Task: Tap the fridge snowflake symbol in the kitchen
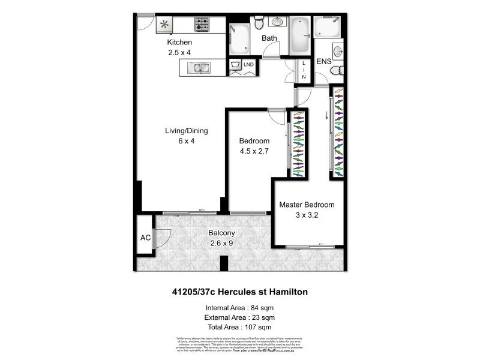(x=163, y=25)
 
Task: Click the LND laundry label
(x=248, y=64)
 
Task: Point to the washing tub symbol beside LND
(x=235, y=64)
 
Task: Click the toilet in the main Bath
(x=259, y=23)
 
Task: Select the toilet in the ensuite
(x=337, y=70)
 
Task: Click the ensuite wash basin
(x=337, y=50)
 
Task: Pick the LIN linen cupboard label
(x=304, y=70)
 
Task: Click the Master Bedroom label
(x=307, y=205)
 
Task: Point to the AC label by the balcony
(x=145, y=238)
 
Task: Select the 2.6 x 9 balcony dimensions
(x=226, y=243)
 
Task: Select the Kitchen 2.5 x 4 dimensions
(x=179, y=53)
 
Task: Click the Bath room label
(x=269, y=38)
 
